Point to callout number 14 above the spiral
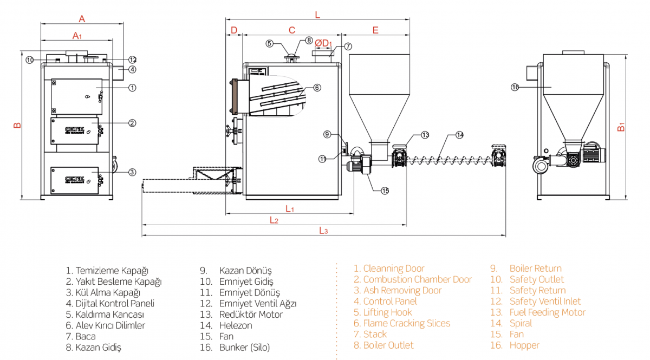coord(459,134)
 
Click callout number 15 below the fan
coord(385,191)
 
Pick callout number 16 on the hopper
coord(515,87)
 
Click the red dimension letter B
coord(17,126)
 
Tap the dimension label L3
coord(323,231)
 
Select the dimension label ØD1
coord(323,43)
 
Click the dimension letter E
coord(375,30)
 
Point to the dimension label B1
coord(622,128)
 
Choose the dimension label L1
coord(290,208)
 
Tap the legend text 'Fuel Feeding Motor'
coord(547,312)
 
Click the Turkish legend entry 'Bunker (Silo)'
coord(244,348)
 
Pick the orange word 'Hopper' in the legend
coord(524,345)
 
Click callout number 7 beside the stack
coord(348,47)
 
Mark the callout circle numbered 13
coord(425,134)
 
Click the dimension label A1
coord(77,36)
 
